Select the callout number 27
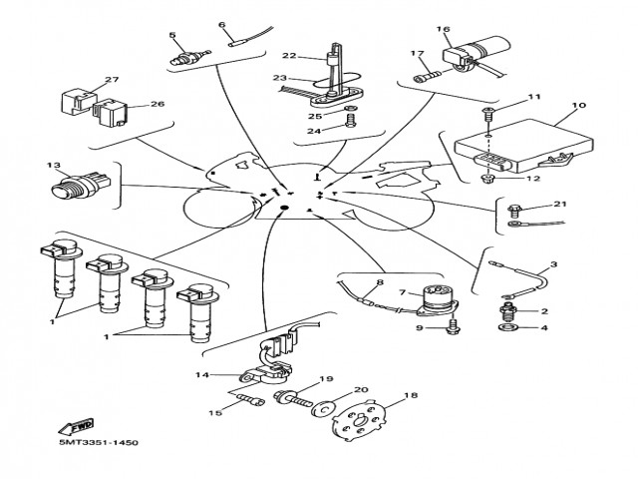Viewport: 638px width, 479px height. click(x=111, y=80)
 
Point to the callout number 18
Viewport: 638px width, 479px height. click(x=410, y=396)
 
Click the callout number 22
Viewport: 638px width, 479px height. click(x=289, y=56)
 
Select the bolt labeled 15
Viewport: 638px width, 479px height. click(x=249, y=402)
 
